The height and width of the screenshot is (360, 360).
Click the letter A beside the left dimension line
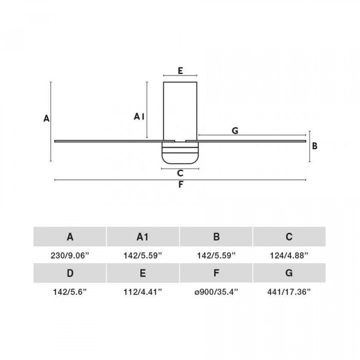tap(46, 118)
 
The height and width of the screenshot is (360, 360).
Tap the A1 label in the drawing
tap(139, 117)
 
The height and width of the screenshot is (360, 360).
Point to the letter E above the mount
tap(180, 71)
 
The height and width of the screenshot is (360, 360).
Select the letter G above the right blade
tap(235, 131)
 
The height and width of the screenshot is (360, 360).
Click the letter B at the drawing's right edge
tap(315, 146)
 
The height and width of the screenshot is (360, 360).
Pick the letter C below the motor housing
tap(180, 173)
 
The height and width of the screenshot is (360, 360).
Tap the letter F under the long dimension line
tap(181, 185)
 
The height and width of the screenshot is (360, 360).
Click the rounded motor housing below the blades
tap(180, 152)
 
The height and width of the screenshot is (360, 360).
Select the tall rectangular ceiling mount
tap(180, 112)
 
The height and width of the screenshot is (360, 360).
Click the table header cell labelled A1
tap(143, 237)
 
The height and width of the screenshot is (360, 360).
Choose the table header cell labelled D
tap(70, 273)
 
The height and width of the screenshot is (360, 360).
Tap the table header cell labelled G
tap(289, 273)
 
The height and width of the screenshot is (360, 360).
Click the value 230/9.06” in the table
tap(70, 255)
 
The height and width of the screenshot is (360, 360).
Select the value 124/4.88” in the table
tap(289, 255)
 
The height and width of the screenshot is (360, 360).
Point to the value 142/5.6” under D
tap(70, 292)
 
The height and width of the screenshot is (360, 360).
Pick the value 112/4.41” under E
tap(143, 292)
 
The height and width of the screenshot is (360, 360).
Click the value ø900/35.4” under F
tap(216, 292)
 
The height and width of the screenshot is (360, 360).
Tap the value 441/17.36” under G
tap(289, 292)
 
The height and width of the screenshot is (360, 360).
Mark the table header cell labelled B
tap(216, 237)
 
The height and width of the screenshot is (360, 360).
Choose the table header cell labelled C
tap(289, 237)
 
